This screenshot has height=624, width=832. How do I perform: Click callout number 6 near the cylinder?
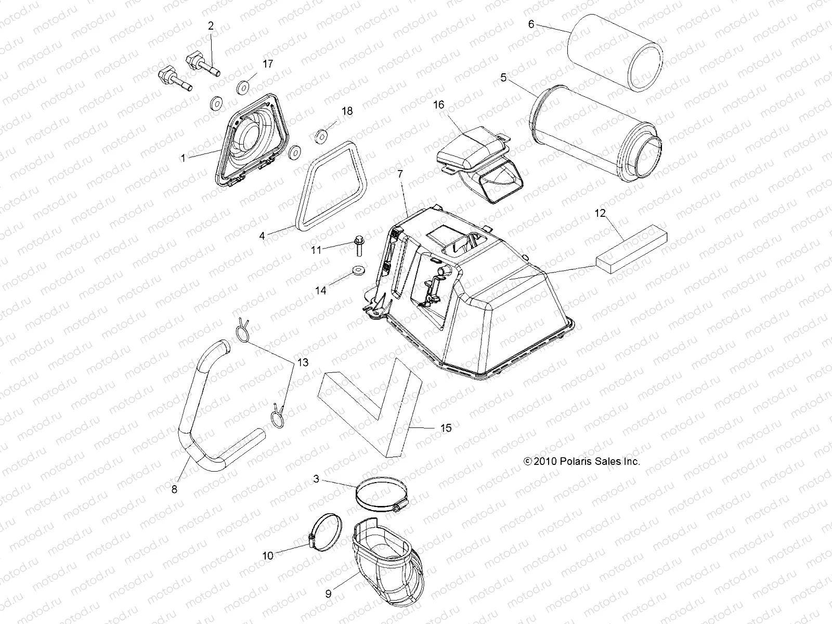[x=531, y=24]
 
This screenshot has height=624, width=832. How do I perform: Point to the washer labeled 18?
[x=321, y=137]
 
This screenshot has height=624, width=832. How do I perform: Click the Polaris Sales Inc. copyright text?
[x=581, y=461]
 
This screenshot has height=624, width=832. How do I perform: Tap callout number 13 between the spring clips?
[x=303, y=362]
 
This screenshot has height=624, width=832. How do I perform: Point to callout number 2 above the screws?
[x=211, y=25]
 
